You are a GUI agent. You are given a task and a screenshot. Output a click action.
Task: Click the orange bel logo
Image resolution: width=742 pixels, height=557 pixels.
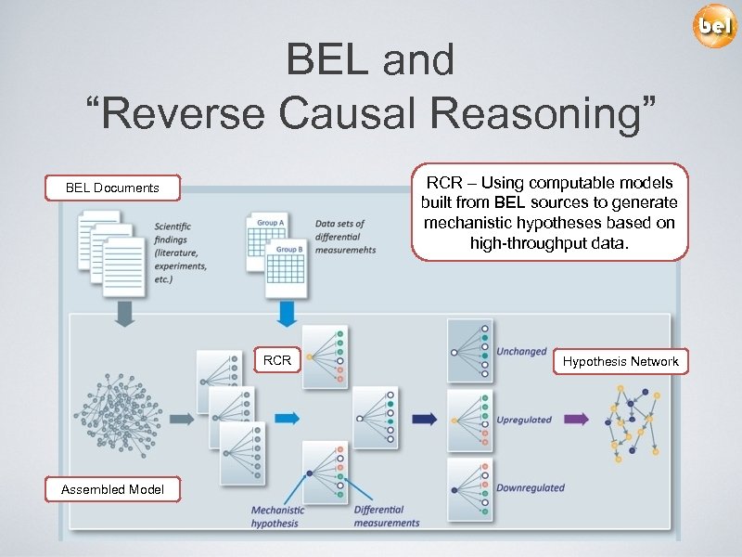coord(715,26)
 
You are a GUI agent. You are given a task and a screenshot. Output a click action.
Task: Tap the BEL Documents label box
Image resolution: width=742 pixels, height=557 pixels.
coord(112,188)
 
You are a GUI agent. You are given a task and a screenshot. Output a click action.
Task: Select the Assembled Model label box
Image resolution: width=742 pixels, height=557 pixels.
coord(112,489)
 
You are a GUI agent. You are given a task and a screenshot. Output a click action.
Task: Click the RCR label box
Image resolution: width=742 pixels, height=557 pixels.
coord(277,360)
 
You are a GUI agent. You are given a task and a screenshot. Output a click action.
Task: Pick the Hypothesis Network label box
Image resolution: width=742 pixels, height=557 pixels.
coord(620,362)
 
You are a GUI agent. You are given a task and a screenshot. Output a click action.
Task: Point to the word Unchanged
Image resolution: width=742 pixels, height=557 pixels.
coord(521,352)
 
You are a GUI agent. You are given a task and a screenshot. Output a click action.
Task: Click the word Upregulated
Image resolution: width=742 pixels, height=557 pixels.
coord(524,420)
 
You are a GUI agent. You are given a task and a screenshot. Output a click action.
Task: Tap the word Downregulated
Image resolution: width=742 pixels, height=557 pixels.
coord(530,487)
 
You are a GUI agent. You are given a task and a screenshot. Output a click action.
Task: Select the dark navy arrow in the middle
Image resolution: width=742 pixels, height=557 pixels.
coord(425,419)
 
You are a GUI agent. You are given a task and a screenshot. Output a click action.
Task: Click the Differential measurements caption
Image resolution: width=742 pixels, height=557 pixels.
coord(387,516)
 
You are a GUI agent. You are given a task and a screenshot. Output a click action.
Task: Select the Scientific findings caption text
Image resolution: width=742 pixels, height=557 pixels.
coord(179,251)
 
